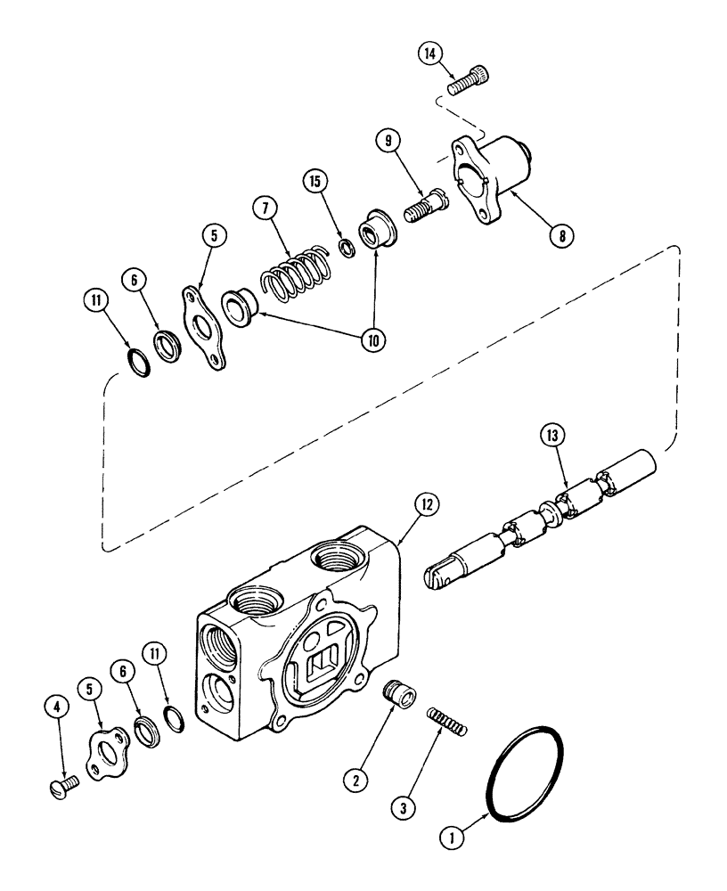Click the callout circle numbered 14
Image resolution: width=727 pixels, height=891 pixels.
[x=430, y=55]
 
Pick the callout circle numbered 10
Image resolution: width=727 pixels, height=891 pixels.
[x=363, y=341]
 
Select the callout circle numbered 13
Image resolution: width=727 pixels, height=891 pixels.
[x=551, y=437]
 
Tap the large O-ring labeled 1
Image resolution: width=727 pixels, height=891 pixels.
[x=526, y=768]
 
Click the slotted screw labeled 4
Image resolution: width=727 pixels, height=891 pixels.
[x=61, y=784]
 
